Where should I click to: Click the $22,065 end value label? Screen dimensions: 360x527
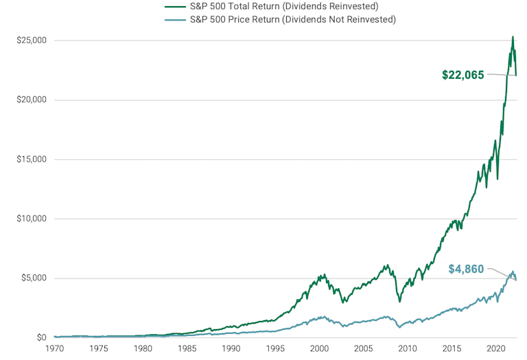click(463, 75)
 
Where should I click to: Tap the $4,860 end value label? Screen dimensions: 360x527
click(466, 269)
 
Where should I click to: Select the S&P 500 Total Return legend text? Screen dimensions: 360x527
click(284, 6)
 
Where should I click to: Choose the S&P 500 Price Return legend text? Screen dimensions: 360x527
click(293, 19)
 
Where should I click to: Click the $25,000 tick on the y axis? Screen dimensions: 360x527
click(32, 40)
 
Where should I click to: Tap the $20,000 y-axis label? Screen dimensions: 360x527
click(32, 100)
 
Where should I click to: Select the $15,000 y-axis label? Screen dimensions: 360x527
click(32, 160)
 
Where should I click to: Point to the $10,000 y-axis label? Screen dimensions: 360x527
click(32, 219)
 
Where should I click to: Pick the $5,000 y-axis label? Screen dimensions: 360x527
click(34, 278)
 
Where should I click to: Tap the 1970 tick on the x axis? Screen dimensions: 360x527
click(54, 348)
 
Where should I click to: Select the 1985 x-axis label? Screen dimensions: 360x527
click(187, 348)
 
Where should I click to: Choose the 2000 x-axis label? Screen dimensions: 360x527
click(319, 348)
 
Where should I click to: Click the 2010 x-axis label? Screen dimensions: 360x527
click(408, 348)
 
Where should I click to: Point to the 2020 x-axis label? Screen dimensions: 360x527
click(495, 348)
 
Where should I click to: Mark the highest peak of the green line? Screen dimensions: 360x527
click(512, 37)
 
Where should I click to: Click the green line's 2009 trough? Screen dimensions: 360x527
click(400, 301)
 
